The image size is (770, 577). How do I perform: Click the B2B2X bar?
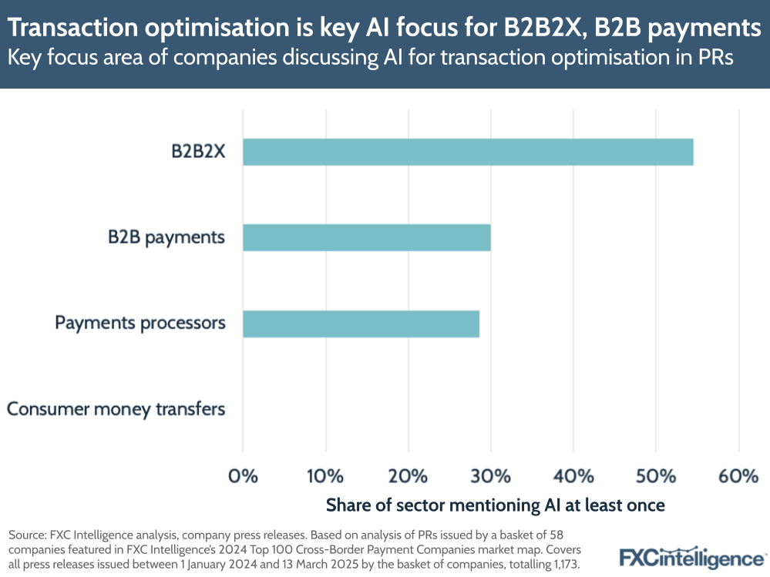468,152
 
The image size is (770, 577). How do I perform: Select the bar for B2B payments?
366,237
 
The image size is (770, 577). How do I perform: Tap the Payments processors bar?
361,324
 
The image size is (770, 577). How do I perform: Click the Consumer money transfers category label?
116,409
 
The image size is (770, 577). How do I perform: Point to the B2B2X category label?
198,151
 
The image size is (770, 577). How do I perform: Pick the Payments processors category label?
140,323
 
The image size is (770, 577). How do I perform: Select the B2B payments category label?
166,237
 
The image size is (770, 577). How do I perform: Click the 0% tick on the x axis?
243,475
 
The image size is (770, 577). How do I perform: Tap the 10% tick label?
325,475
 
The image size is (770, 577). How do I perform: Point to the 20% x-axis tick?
408,475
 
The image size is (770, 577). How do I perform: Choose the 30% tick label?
490,475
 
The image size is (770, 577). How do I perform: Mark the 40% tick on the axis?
573,475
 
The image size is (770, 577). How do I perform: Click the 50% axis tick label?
655,475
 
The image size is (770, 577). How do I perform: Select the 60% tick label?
738,475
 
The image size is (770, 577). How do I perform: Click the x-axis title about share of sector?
495,505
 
